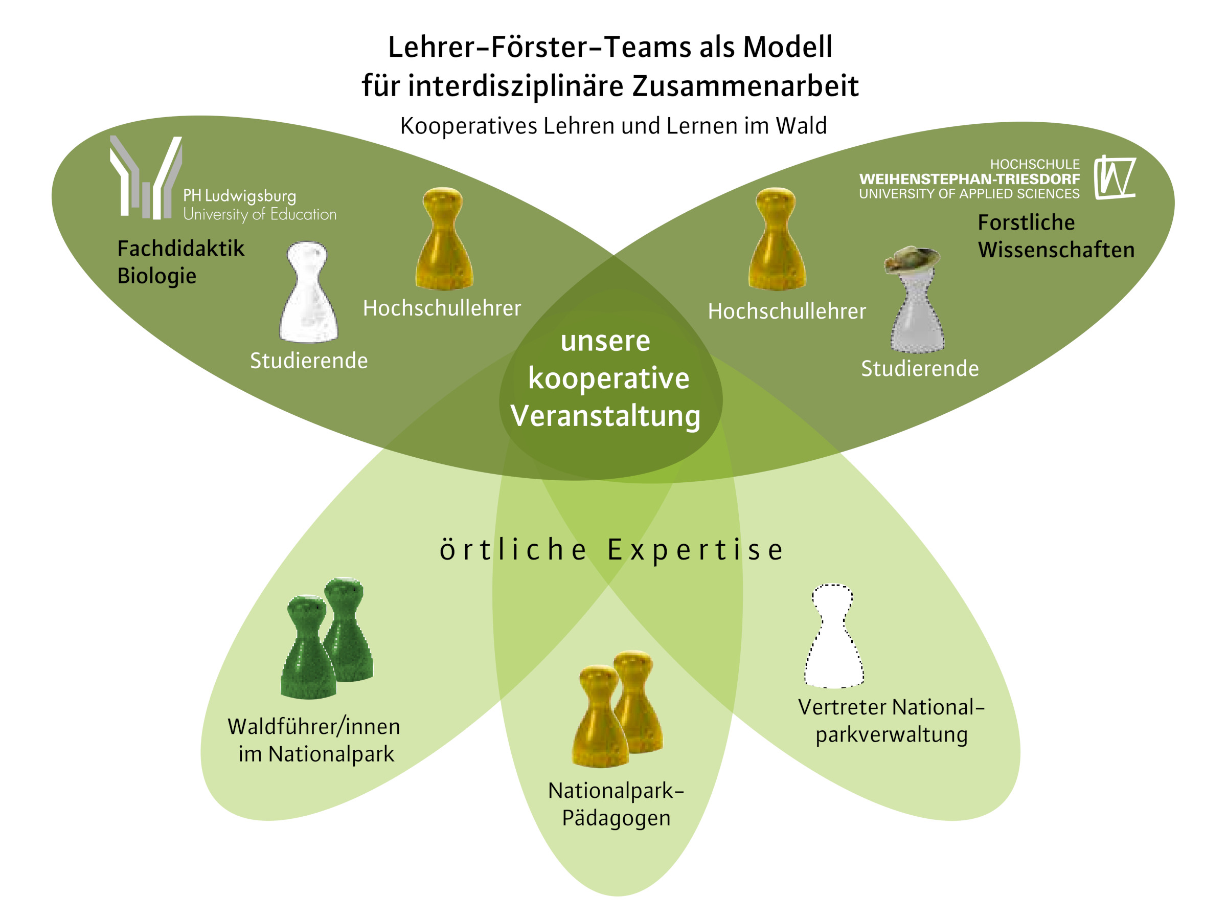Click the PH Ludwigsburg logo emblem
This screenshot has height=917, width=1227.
pos(146,177)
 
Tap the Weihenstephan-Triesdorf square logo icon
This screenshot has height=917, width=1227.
pos(1115,177)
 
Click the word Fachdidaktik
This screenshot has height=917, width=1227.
pos(181,249)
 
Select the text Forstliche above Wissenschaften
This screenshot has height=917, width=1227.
pos(1026,222)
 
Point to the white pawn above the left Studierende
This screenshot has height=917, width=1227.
pos(308,293)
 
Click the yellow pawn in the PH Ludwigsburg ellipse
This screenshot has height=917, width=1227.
pos(444,240)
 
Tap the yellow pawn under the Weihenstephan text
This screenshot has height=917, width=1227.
pos(777,240)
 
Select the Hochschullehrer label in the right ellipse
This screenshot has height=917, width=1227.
pos(787,312)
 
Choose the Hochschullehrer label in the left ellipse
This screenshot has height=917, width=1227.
pos(442,308)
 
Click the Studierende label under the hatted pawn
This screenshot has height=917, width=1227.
pos(920,369)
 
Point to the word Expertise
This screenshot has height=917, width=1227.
pos(696,550)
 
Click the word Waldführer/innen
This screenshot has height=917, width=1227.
pos(314,727)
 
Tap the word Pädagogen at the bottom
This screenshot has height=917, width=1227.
pos(616,818)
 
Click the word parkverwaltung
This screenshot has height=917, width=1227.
pos(892,735)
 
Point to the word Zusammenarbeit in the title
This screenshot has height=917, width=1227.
pos(745,86)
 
